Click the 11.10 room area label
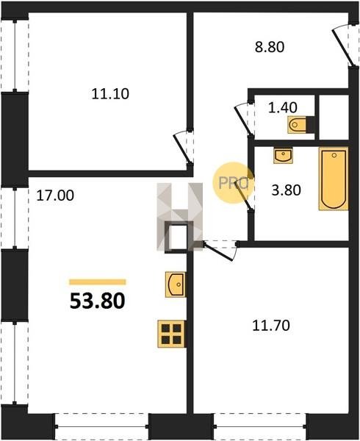pyautogui.click(x=110, y=94)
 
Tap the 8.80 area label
pyautogui.click(x=270, y=47)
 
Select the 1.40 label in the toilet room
pyautogui.click(x=283, y=107)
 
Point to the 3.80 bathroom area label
pyautogui.click(x=286, y=190)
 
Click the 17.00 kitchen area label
pyautogui.click(x=55, y=196)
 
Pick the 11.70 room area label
pyautogui.click(x=271, y=326)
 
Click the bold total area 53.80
pyautogui.click(x=97, y=301)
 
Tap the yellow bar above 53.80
pyautogui.click(x=98, y=282)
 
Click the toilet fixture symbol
pyautogui.click(x=300, y=125)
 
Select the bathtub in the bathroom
pyautogui.click(x=334, y=179)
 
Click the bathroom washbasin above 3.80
pyautogui.click(x=284, y=156)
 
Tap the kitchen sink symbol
pyautogui.click(x=176, y=284)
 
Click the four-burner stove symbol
pyautogui.click(x=171, y=334)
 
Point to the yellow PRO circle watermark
pyautogui.click(x=233, y=183)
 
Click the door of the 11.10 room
pyautogui.click(x=183, y=148)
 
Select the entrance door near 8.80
pyautogui.click(x=342, y=46)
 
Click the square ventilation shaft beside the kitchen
pyautogui.click(x=178, y=237)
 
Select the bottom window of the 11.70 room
pyautogui.click(x=259, y=427)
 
